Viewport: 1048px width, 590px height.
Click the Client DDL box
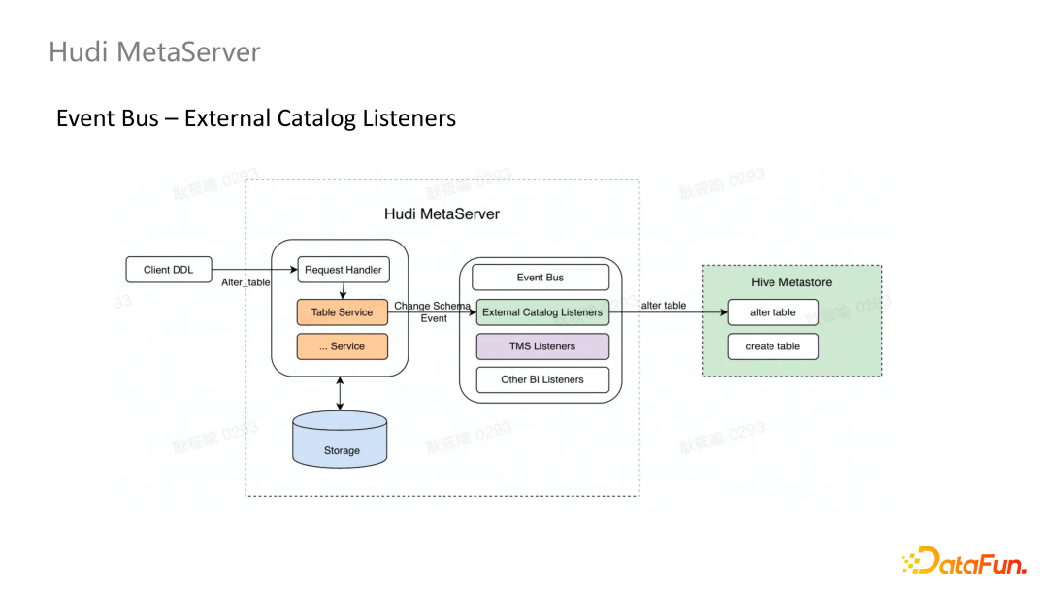169,270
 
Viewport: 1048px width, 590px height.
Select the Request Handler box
343,270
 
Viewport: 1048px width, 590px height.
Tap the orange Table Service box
342,312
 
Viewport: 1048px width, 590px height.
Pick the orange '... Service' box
342,346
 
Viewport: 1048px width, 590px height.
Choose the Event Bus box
540,278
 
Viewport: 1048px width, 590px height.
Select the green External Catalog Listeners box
542,312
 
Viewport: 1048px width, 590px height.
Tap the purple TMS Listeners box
542,346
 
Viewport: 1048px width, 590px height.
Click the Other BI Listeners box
542,379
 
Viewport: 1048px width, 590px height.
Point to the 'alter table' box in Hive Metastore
772,312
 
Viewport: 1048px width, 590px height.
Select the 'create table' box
772,346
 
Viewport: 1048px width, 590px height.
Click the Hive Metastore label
791,282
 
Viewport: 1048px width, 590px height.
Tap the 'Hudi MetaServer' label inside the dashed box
442,213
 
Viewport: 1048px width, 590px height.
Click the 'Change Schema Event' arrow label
433,311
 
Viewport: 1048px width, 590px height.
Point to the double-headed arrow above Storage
340,393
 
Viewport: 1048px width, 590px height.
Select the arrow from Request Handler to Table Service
343,291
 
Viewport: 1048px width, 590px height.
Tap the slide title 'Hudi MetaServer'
154,51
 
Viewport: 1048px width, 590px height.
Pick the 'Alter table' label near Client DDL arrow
246,282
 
